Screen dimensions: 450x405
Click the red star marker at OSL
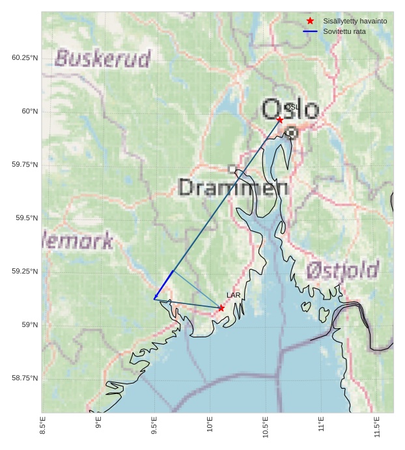(x=280, y=120)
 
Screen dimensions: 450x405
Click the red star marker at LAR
(x=221, y=308)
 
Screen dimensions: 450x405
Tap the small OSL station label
(x=292, y=107)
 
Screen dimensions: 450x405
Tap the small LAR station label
(x=233, y=295)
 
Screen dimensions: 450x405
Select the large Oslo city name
(x=290, y=110)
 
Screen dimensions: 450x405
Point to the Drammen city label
(x=233, y=188)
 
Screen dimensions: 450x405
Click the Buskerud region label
(x=103, y=58)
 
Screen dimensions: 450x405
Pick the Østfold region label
(x=342, y=269)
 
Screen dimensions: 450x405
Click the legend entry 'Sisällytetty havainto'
(x=355, y=21)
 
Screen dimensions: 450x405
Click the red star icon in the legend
(x=310, y=21)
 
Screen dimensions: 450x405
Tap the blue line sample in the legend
(x=310, y=31)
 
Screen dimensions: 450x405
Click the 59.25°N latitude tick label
(x=25, y=272)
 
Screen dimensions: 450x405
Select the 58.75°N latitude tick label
(x=25, y=378)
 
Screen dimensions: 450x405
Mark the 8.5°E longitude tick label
(x=43, y=425)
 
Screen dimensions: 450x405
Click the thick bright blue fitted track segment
(x=163, y=285)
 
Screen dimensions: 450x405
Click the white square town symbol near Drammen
(x=232, y=169)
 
